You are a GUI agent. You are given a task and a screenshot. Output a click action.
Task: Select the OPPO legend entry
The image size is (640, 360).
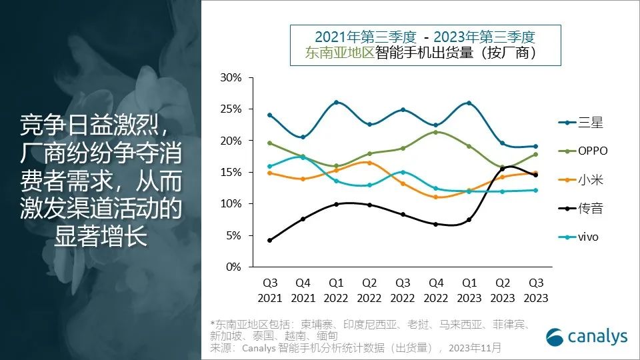pos(583,151)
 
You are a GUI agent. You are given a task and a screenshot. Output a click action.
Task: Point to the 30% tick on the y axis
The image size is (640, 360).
pos(231,78)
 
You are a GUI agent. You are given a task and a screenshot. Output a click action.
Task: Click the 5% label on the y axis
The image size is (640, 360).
pos(233,235)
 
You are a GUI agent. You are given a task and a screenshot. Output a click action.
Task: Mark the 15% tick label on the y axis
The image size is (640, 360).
pos(231,172)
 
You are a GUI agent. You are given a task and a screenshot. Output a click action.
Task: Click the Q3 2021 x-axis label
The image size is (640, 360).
pos(269,290)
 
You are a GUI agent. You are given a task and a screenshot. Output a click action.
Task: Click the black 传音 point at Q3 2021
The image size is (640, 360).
pos(269,240)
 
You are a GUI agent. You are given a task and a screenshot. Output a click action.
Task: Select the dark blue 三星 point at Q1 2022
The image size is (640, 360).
pos(336,103)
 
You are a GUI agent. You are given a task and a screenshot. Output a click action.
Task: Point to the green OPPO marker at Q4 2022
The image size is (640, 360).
pos(436,132)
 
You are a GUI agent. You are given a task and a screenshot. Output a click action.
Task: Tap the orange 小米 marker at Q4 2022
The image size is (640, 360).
pos(436,197)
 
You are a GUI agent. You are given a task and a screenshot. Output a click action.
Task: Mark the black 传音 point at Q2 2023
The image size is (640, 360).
pos(503,169)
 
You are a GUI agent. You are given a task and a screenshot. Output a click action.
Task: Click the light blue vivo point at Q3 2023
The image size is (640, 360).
pos(535,190)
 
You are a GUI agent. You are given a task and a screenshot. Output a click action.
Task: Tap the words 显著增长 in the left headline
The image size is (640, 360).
pos(100,238)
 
